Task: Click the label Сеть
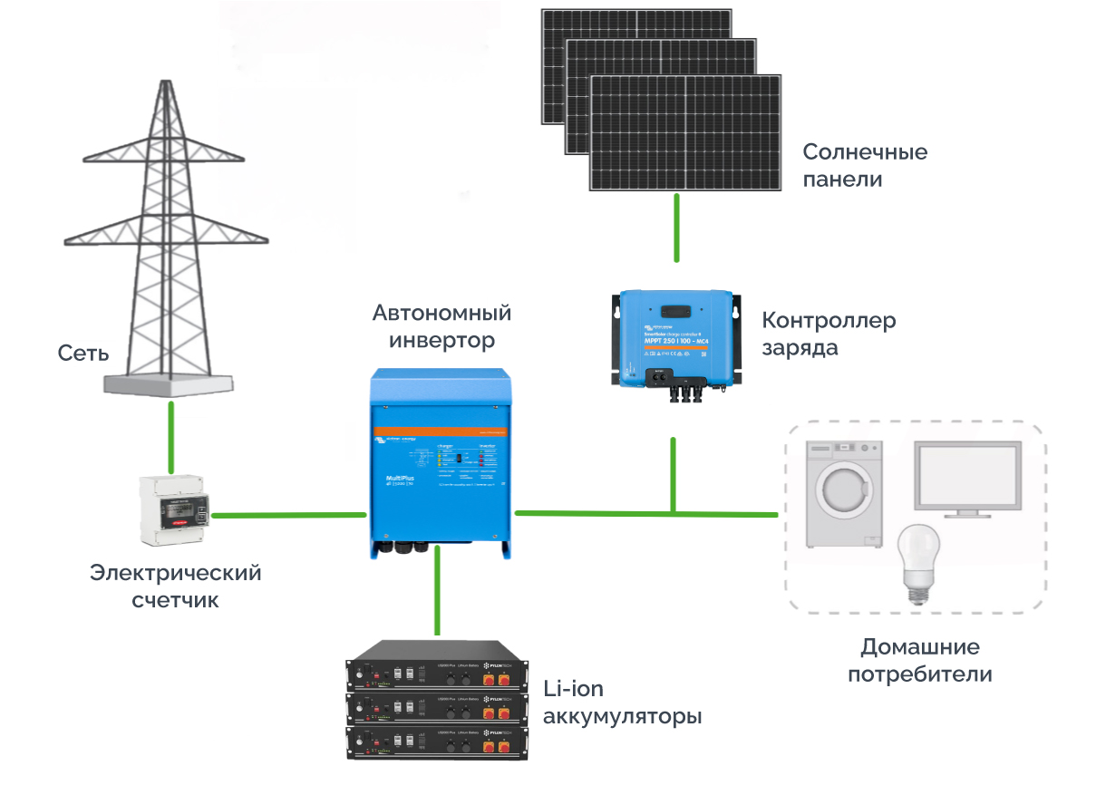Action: (x=83, y=352)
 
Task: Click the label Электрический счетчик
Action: (x=176, y=586)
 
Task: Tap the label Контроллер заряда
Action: (x=828, y=334)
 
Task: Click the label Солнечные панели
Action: (x=865, y=165)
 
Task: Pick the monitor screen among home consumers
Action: (x=966, y=479)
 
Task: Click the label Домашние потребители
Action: (x=919, y=661)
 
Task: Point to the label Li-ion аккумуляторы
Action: (x=621, y=703)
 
